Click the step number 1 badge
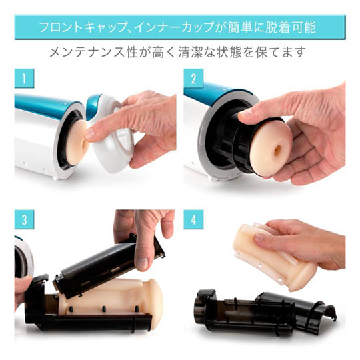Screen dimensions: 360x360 (x=25, y=79)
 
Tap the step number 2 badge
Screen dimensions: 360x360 (x=193, y=79)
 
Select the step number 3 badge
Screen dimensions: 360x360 (x=25, y=219)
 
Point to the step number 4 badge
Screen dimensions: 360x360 (x=193, y=219)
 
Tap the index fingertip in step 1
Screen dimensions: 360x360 (x=90, y=135)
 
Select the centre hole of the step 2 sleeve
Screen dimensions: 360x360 (x=277, y=149)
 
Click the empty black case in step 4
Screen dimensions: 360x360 (x=264, y=311)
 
